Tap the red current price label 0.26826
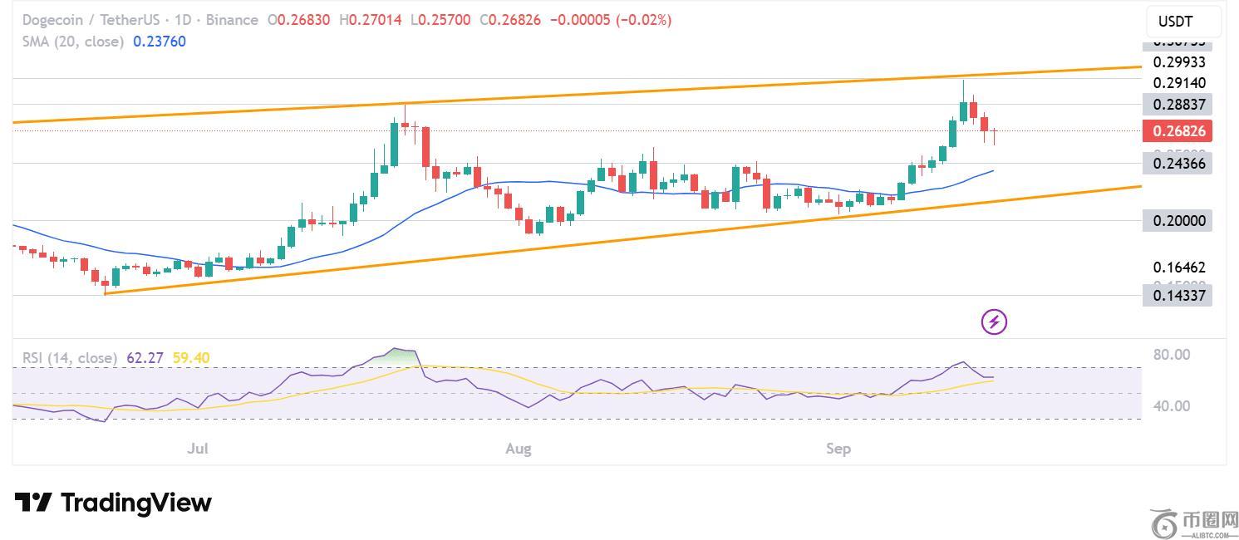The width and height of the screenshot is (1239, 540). pyautogui.click(x=1177, y=131)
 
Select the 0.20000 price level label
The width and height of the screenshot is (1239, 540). pyautogui.click(x=1177, y=221)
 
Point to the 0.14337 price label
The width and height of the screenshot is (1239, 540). pyautogui.click(x=1177, y=295)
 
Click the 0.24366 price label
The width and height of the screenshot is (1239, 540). pyautogui.click(x=1177, y=164)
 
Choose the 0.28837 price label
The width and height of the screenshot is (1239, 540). pyautogui.click(x=1177, y=104)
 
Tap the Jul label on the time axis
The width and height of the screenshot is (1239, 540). pyautogui.click(x=198, y=449)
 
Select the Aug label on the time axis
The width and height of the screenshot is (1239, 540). pyautogui.click(x=519, y=449)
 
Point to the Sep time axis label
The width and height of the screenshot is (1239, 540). pyautogui.click(x=838, y=449)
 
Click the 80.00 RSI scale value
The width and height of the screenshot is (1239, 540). pyautogui.click(x=1172, y=355)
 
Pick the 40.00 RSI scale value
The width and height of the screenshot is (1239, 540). pyautogui.click(x=1172, y=406)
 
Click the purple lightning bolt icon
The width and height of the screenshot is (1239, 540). pyautogui.click(x=995, y=321)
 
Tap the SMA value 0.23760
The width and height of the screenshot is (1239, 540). pyautogui.click(x=160, y=42)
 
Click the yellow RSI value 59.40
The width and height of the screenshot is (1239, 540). pyautogui.click(x=191, y=358)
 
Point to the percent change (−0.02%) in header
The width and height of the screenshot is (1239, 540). pyautogui.click(x=643, y=20)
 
